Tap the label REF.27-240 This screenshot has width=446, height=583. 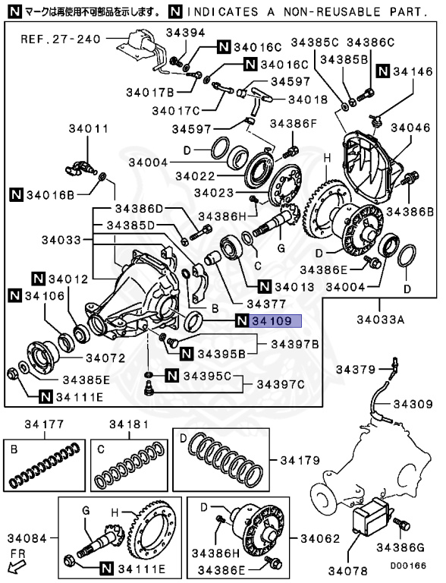(61, 39)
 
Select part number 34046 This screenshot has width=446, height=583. (410, 128)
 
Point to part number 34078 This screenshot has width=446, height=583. (348, 571)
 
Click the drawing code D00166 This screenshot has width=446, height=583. (408, 566)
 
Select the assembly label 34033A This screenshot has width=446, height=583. (380, 320)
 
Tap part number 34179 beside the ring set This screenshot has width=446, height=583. (300, 460)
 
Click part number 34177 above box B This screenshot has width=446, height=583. (44, 424)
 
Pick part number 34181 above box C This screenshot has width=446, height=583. (129, 424)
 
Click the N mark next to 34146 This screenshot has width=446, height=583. (383, 71)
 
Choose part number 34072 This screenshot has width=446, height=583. (105, 358)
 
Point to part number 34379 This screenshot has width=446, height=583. (356, 370)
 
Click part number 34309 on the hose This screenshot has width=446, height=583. (413, 404)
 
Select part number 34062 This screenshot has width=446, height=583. (320, 538)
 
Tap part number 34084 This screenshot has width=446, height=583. (27, 538)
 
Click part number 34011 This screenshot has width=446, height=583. (89, 129)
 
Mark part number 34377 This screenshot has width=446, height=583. (266, 304)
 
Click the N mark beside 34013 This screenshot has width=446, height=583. (264, 286)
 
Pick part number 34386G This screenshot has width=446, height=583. (400, 547)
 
